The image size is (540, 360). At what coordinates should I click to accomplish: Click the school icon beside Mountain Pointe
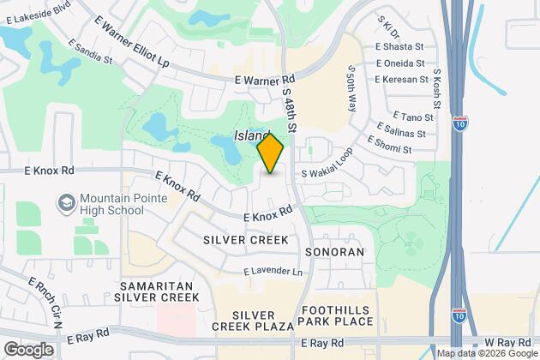pyautogui.click(x=65, y=203)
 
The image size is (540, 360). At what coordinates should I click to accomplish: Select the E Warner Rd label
pyautogui.click(x=265, y=79)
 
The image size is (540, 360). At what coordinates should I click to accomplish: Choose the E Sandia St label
pyautogui.click(x=88, y=52)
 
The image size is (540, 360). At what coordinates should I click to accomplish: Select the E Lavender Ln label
pyautogui.click(x=273, y=272)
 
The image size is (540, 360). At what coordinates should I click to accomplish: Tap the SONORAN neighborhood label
pyautogui.click(x=334, y=252)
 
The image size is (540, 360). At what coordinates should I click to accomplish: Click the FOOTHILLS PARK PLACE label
pyautogui.click(x=335, y=315)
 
